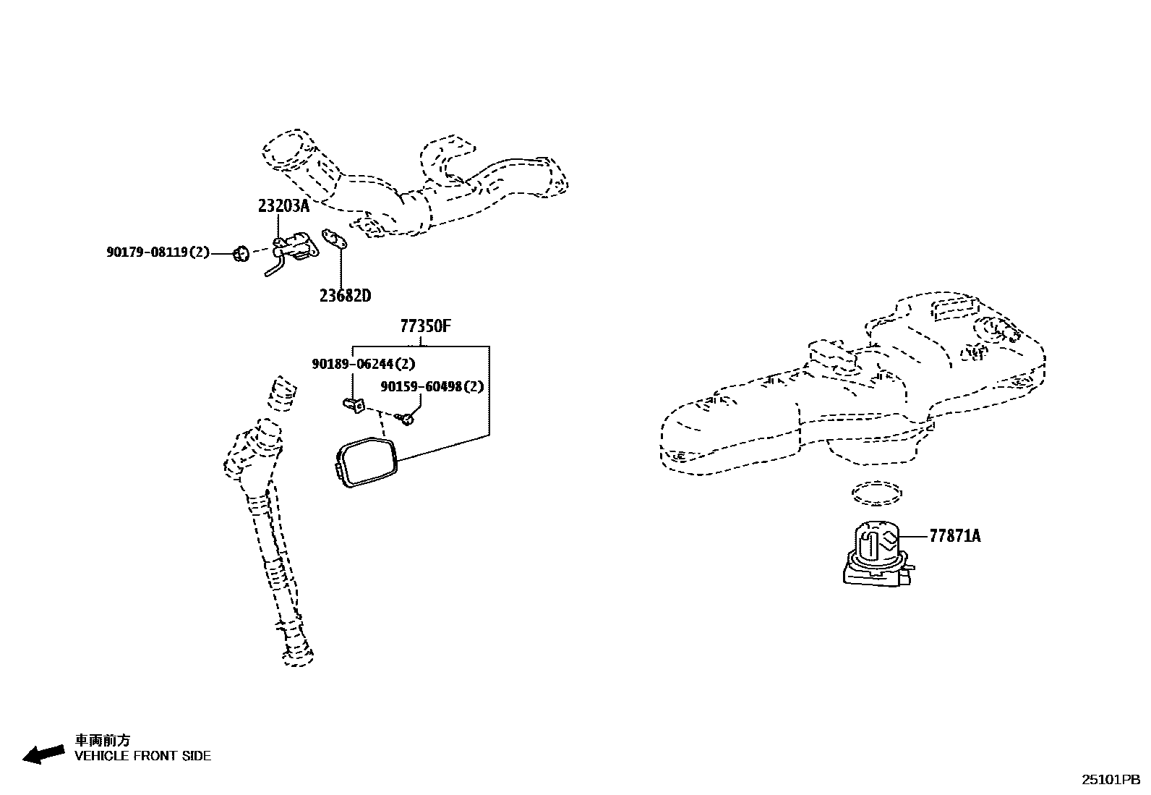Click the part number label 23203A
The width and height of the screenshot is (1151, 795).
tap(283, 206)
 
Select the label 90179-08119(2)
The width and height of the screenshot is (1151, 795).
tap(158, 252)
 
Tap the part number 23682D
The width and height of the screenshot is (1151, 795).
tap(345, 295)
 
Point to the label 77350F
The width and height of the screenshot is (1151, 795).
tap(426, 326)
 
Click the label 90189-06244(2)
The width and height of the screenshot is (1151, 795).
tap(363, 365)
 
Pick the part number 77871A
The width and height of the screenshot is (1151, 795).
tap(954, 536)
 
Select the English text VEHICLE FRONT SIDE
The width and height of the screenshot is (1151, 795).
tap(143, 757)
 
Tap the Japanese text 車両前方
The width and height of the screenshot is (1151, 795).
tap(103, 740)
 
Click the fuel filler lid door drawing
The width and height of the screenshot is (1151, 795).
tap(367, 463)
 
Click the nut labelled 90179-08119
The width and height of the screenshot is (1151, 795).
tap(241, 253)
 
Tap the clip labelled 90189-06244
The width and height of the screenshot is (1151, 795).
tap(352, 404)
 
